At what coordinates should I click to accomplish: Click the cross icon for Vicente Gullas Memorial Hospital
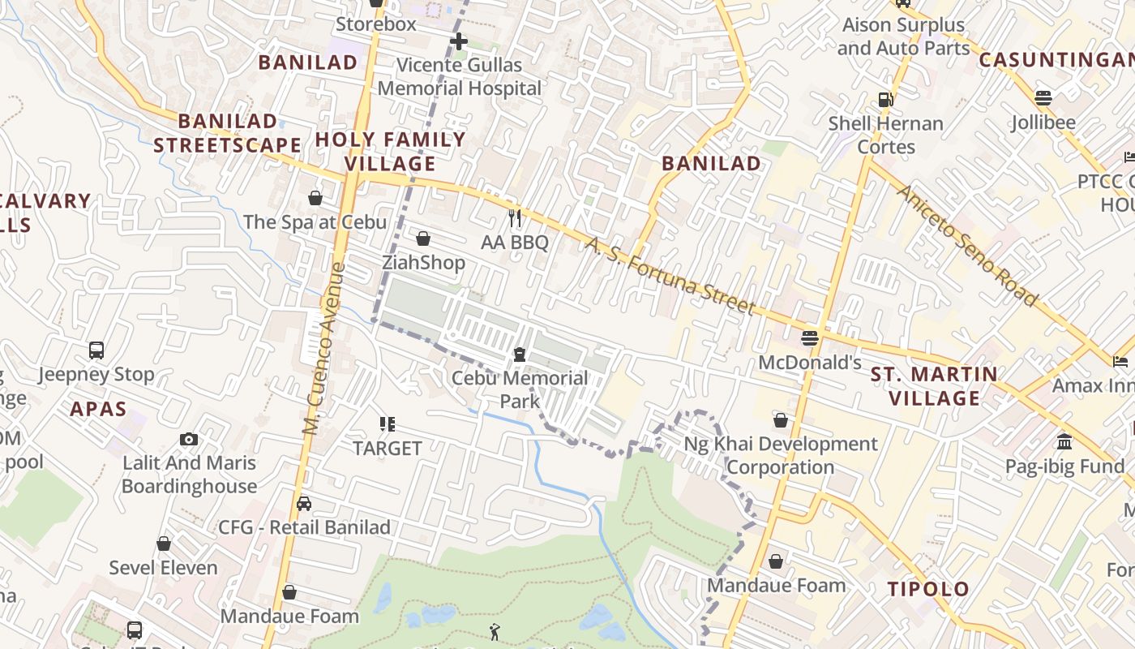click(459, 41)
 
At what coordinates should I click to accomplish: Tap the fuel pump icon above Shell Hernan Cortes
click(886, 100)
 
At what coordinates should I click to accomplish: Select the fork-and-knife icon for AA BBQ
click(514, 217)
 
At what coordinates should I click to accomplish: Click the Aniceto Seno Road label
click(967, 245)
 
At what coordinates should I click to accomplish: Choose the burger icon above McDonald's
click(810, 337)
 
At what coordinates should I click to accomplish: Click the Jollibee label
click(1043, 122)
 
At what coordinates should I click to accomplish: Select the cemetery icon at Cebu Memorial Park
click(519, 355)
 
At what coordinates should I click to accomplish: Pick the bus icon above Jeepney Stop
click(96, 350)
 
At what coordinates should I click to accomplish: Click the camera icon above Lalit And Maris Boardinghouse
click(189, 440)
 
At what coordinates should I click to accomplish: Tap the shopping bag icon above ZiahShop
click(423, 239)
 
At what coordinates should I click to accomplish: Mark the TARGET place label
click(388, 448)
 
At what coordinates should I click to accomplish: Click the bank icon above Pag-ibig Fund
click(1064, 442)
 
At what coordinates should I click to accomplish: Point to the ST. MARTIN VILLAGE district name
click(934, 386)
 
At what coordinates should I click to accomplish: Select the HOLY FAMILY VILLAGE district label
click(390, 151)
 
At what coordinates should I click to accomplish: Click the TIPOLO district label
click(928, 589)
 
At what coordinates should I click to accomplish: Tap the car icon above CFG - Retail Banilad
click(304, 503)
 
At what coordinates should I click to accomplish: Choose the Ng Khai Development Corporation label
click(781, 455)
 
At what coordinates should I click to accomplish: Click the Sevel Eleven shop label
click(164, 568)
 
